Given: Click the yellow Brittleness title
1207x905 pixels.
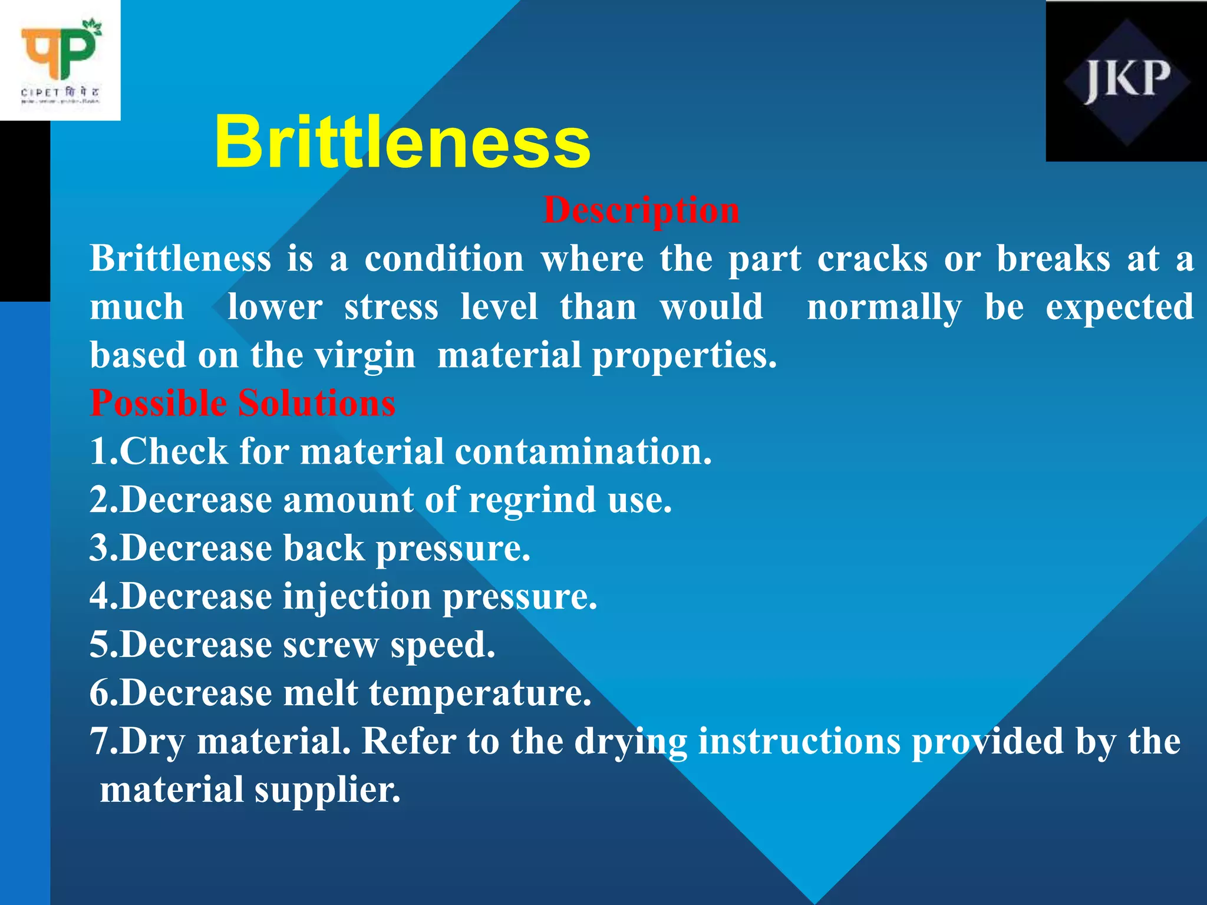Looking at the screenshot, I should [x=402, y=142].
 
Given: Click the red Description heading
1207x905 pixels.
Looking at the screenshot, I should [x=641, y=210].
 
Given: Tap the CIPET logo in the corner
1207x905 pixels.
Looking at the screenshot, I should [x=60, y=60].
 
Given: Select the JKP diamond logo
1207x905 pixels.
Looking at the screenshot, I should [x=1126, y=81].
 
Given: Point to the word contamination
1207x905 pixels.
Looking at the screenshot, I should [x=583, y=452].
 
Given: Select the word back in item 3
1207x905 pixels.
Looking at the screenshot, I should [x=324, y=549].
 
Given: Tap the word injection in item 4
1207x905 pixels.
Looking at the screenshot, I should [x=357, y=597].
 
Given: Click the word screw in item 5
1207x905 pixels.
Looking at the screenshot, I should [x=331, y=645].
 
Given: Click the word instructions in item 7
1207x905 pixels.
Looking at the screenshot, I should [x=799, y=742].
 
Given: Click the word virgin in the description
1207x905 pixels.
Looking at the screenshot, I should [x=365, y=356].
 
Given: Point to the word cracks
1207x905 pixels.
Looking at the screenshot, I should [x=872, y=259].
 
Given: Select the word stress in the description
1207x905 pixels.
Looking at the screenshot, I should [x=391, y=308].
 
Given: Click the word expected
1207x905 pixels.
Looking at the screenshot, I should [x=1119, y=308].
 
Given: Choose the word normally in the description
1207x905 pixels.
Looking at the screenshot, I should [x=883, y=308].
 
